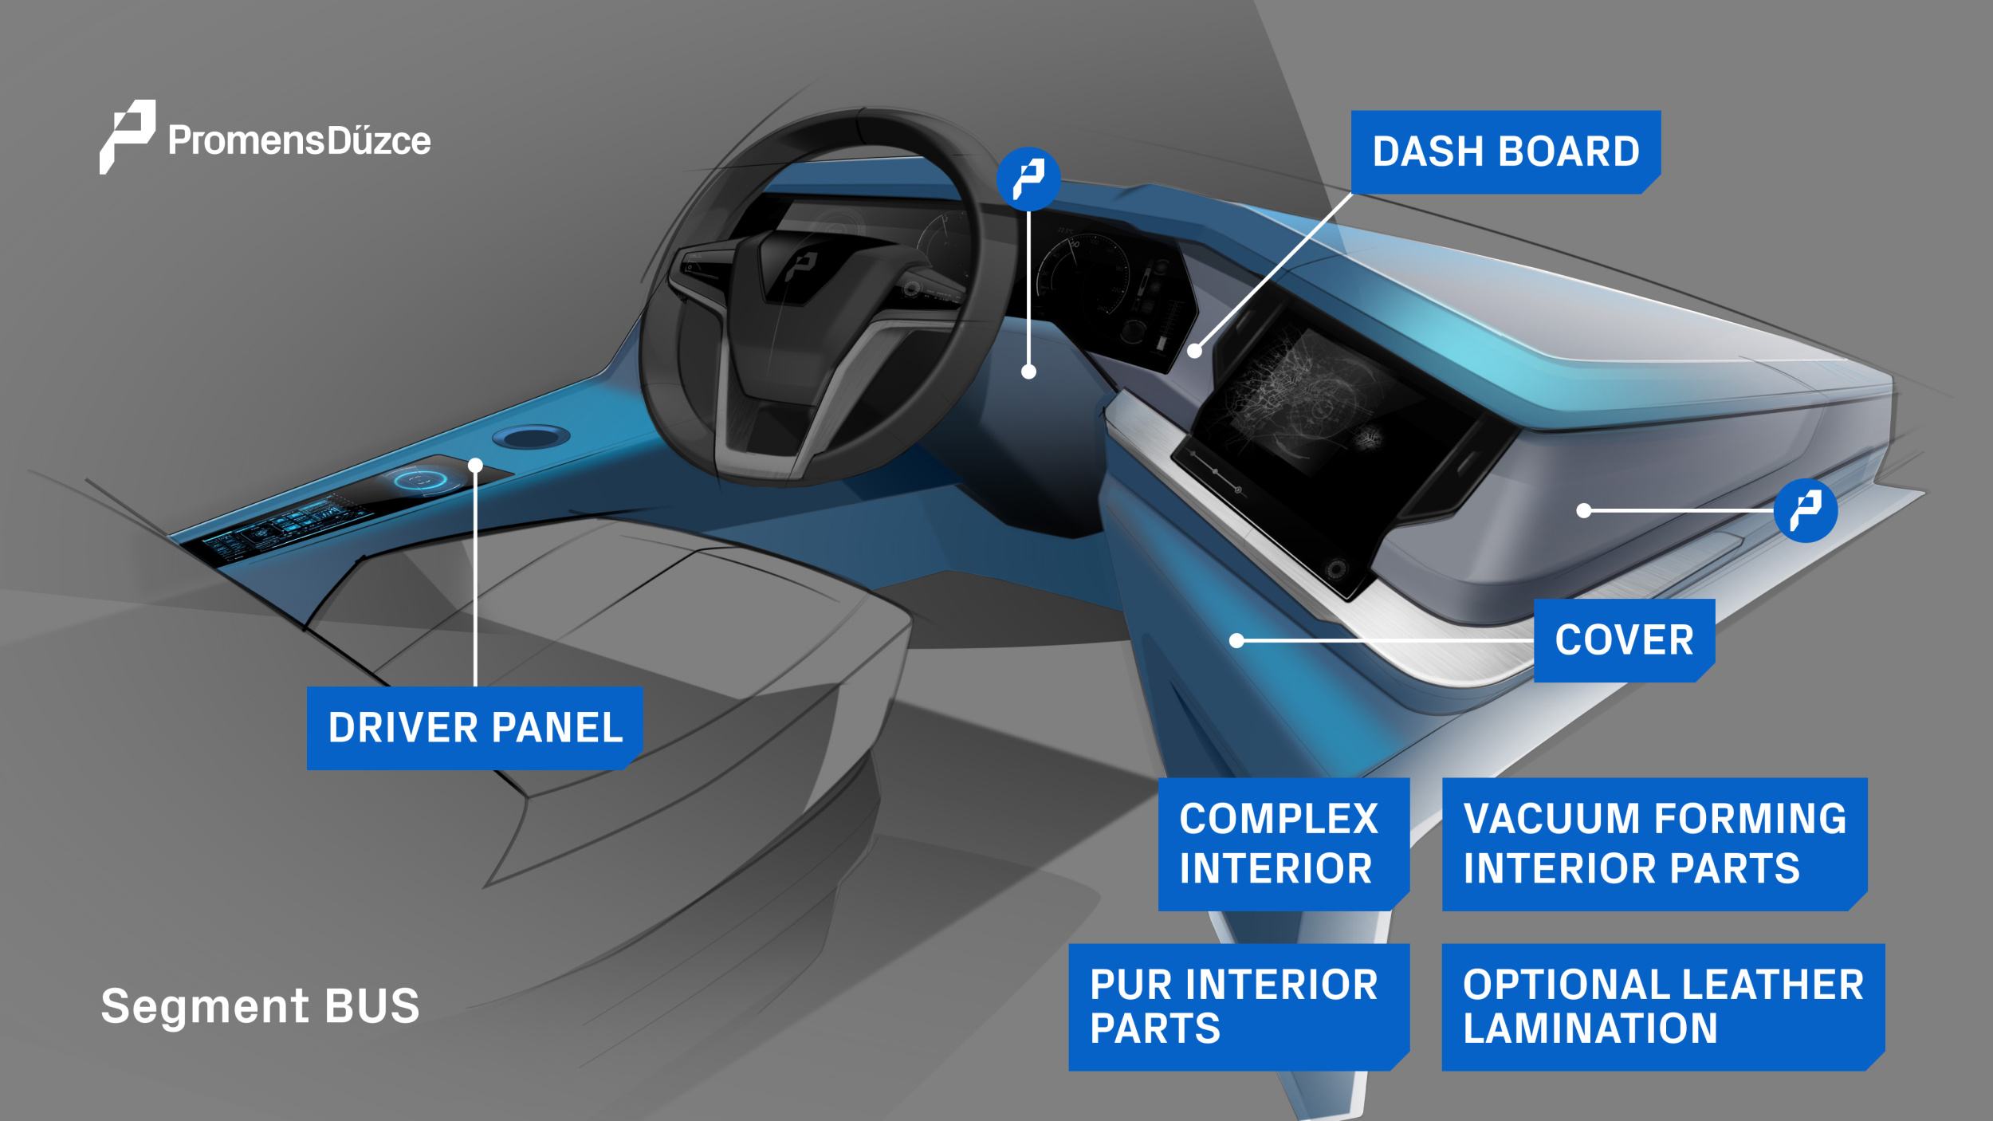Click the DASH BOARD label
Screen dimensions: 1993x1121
[1505, 151]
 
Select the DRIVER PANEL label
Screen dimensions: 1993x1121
[475, 728]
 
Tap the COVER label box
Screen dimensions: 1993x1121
[1624, 640]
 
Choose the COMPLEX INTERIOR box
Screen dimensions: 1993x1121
[1283, 844]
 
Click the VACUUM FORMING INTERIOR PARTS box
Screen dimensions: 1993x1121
[1655, 844]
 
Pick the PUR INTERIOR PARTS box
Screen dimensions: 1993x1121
[1239, 1006]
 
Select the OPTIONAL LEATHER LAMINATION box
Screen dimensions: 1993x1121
[1664, 1006]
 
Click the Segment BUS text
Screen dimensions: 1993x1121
[260, 1005]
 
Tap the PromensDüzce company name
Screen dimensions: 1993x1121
[299, 141]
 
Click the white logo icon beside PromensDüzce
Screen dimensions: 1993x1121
[126, 136]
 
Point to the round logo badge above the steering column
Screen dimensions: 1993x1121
[1028, 179]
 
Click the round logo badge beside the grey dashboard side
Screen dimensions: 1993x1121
[1806, 510]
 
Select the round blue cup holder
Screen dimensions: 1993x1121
[531, 436]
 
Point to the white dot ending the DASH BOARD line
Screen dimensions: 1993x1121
[1194, 350]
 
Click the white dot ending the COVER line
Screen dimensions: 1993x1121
[1236, 639]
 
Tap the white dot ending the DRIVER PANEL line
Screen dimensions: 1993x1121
[476, 465]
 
